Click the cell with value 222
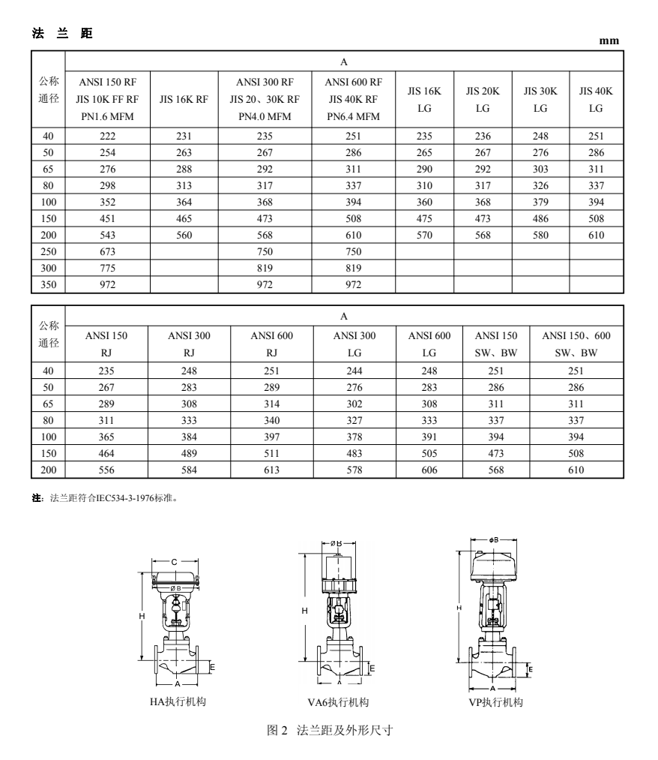108,136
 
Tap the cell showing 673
108,251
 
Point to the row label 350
49,284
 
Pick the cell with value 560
184,235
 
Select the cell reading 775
108,268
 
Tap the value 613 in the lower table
271,470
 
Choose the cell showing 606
429,470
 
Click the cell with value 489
189,453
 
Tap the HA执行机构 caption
178,702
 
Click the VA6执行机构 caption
338,702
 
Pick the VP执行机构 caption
493,702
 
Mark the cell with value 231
184,136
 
